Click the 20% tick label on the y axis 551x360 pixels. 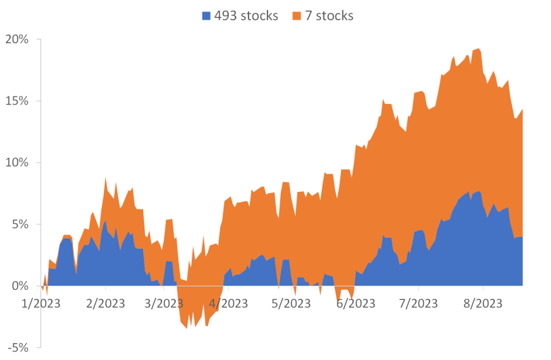click(x=17, y=40)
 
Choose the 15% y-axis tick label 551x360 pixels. click(x=17, y=101)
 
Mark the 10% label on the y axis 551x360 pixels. click(x=17, y=163)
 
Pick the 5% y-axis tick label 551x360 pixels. click(x=20, y=224)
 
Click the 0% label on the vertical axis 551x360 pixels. click(x=20, y=286)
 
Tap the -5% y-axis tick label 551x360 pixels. click(x=18, y=347)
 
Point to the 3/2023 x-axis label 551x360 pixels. click(x=163, y=304)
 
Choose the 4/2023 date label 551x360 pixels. click(x=228, y=304)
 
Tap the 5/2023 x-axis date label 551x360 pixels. click(x=291, y=304)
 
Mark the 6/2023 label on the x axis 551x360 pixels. click(x=355, y=304)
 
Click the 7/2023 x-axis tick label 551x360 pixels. click(x=419, y=304)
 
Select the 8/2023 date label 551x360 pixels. click(x=482, y=304)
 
